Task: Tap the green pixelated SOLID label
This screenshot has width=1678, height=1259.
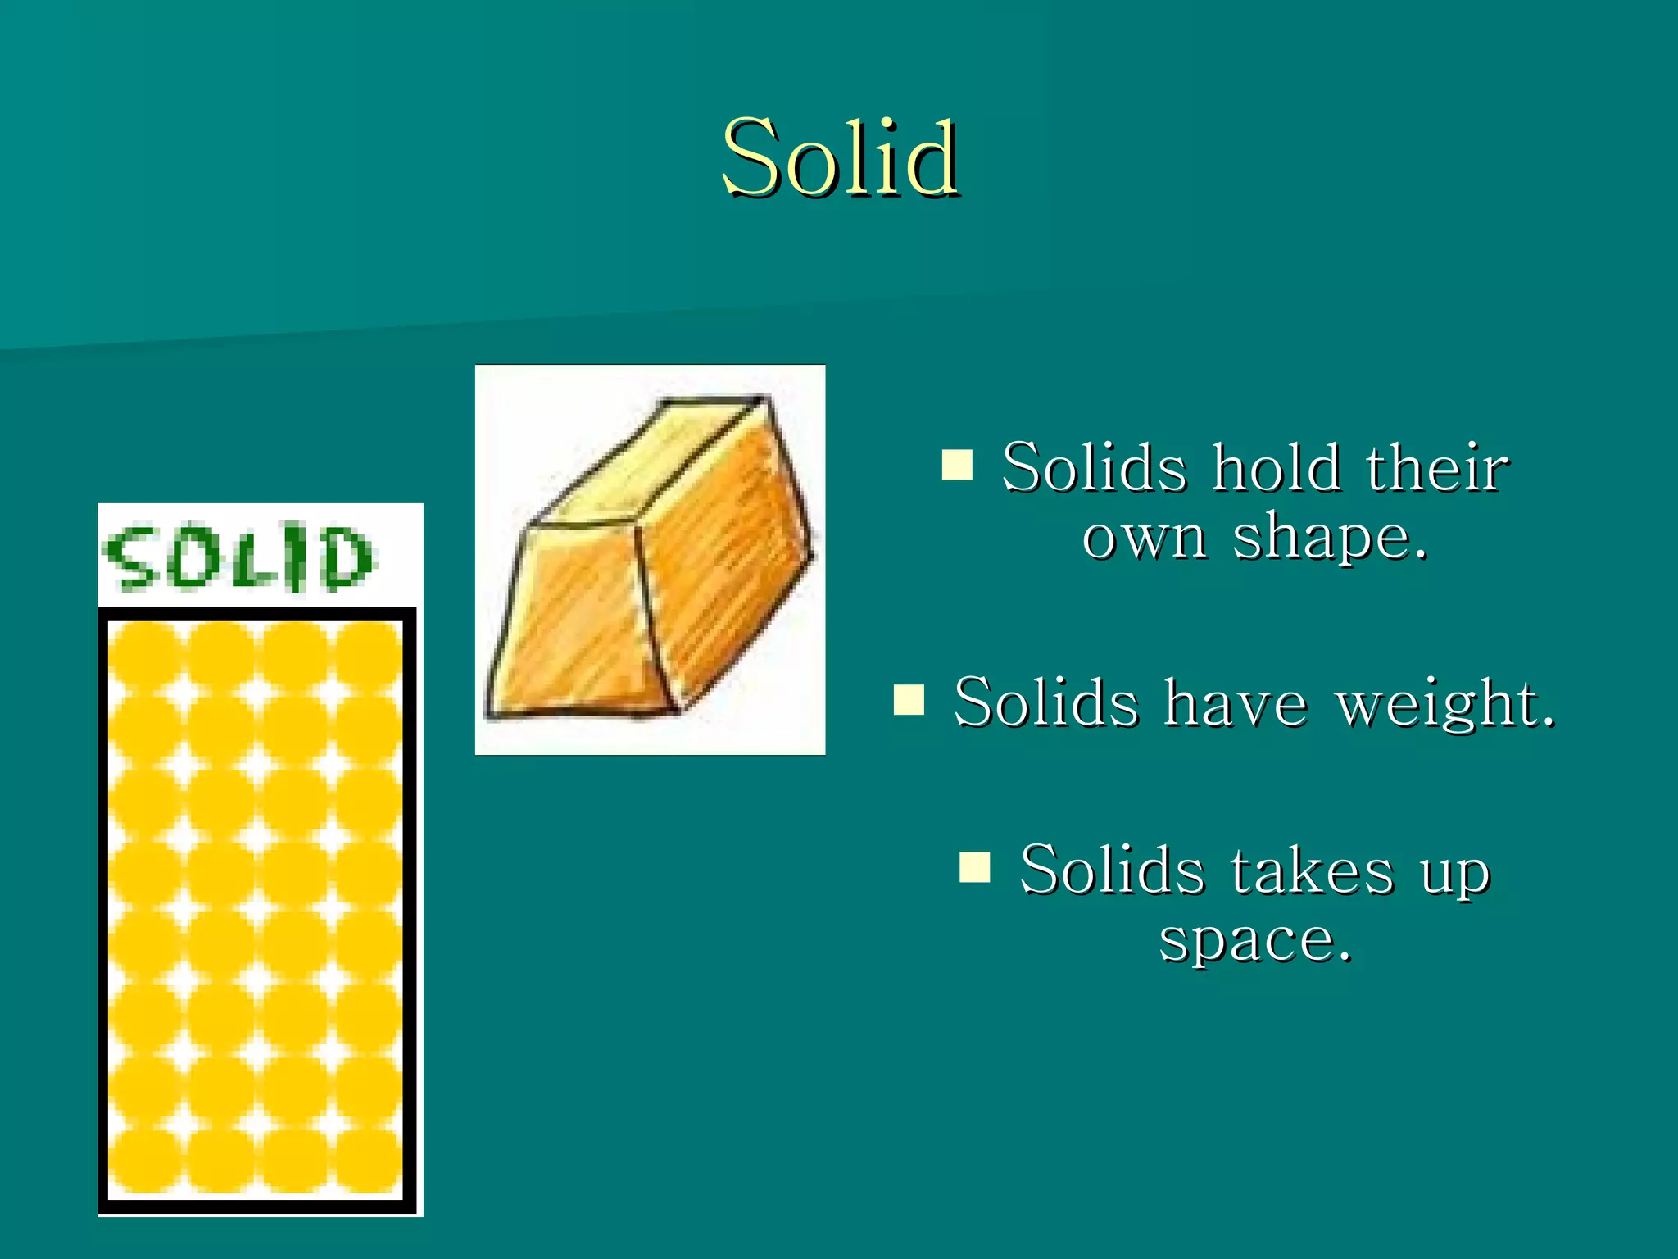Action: pyautogui.click(x=238, y=557)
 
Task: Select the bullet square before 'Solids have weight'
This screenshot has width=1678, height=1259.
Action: pyautogui.click(x=909, y=700)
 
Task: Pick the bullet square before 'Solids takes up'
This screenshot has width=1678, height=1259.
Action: pyautogui.click(x=974, y=866)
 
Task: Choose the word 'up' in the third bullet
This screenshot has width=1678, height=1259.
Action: pyautogui.click(x=1454, y=874)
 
